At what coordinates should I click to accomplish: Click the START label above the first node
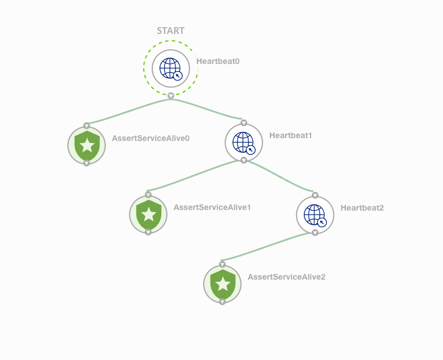tap(170, 31)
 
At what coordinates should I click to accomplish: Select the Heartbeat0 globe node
tap(170, 68)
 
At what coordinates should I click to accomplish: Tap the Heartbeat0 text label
tap(218, 61)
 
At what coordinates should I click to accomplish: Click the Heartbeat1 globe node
tap(243, 143)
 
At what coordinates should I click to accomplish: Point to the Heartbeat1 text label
tap(291, 135)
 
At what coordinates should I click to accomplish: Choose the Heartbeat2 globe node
tap(315, 215)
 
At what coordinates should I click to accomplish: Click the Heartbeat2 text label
tap(362, 208)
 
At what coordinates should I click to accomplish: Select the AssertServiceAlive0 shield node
tap(87, 145)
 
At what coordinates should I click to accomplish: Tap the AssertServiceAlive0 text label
tap(150, 138)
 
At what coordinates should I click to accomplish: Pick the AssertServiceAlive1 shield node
tap(148, 215)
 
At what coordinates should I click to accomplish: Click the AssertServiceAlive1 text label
tap(212, 207)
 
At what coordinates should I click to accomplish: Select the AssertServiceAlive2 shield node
tap(222, 284)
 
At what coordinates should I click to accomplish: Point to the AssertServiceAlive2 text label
tap(286, 277)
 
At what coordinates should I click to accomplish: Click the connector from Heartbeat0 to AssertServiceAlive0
tap(127, 111)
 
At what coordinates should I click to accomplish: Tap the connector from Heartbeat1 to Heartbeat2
tap(280, 177)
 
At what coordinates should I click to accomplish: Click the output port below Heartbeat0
tap(171, 96)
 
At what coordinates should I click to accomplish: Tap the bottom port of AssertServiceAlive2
tap(222, 302)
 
